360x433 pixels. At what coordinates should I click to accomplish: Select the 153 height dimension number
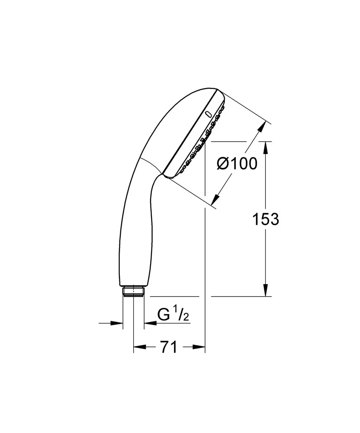265,220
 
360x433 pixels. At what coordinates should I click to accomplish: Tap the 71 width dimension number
169,347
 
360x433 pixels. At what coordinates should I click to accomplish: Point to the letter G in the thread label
163,315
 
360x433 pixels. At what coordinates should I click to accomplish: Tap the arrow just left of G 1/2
150,323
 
